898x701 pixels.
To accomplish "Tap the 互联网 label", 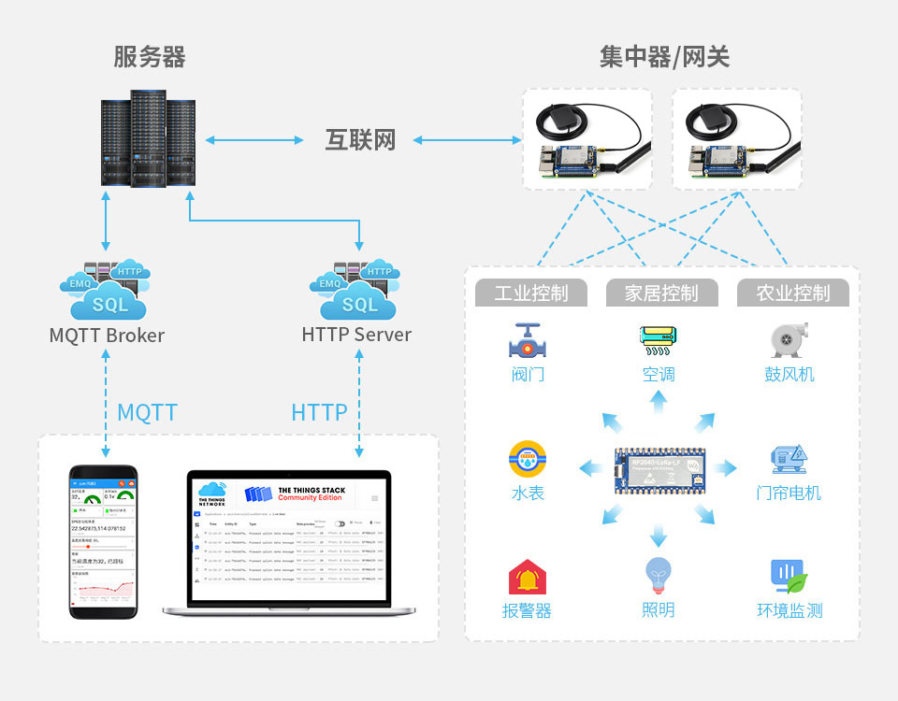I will [x=360, y=140].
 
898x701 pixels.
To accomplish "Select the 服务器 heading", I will [x=150, y=57].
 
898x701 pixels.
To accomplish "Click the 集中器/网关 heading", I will [x=664, y=57].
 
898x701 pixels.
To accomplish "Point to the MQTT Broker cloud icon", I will [x=105, y=291].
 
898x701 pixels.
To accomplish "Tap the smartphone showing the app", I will [x=104, y=541].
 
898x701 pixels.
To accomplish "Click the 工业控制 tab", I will [x=530, y=293].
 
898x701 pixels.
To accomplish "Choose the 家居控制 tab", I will [x=661, y=293].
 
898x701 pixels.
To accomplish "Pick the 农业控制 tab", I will [x=793, y=293].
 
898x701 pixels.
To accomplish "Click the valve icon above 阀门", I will [x=529, y=341].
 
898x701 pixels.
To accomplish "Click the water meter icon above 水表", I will [x=528, y=459].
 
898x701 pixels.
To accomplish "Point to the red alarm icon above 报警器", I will [x=528, y=578].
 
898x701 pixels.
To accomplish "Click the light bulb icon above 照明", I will [x=659, y=577].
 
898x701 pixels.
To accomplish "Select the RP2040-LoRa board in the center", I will [x=659, y=470].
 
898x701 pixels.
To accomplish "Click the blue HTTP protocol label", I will [x=319, y=412].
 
